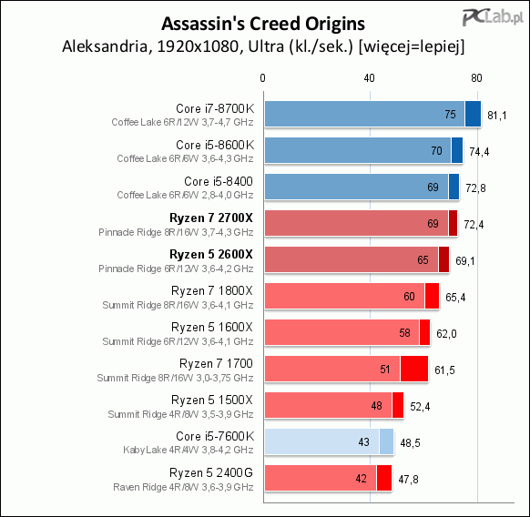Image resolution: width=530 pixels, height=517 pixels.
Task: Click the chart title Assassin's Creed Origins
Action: (x=263, y=24)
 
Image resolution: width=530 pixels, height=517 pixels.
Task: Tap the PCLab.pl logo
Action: (x=493, y=17)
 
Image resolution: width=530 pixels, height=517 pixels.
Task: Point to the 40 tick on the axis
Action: (x=369, y=78)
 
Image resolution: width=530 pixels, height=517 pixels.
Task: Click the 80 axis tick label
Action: (x=476, y=78)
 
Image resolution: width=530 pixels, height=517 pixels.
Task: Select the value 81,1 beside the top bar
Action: (x=497, y=116)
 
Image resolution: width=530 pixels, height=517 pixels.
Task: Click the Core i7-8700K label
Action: (x=215, y=108)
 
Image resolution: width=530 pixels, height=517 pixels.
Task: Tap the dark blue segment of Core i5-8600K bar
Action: (x=457, y=150)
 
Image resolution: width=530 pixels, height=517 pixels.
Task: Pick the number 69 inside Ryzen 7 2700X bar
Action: (x=433, y=223)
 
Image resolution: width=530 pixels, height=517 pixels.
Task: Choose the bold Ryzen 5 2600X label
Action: (x=211, y=255)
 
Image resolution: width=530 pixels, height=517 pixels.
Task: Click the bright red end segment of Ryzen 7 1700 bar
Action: (x=414, y=369)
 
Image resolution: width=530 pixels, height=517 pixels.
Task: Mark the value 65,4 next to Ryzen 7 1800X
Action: (x=455, y=298)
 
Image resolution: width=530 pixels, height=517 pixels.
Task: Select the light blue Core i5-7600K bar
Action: (x=330, y=441)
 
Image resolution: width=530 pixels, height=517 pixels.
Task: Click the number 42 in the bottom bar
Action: (x=361, y=478)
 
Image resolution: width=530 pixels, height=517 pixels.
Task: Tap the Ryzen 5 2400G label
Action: (x=211, y=472)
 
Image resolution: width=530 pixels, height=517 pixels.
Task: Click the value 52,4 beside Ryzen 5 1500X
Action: (x=420, y=407)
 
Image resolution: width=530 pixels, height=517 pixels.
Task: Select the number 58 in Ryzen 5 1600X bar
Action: (x=404, y=333)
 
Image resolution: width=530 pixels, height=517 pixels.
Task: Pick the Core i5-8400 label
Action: (x=219, y=181)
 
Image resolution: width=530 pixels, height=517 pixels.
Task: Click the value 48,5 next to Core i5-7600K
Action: (x=410, y=443)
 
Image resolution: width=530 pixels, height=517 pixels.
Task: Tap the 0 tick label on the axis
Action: (x=262, y=78)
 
